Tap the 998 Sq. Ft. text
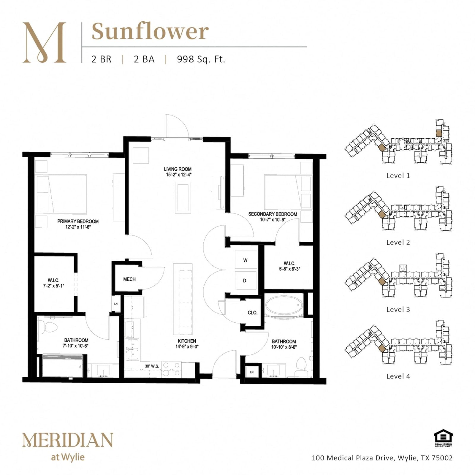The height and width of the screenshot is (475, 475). (x=201, y=59)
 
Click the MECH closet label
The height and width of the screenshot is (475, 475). (x=129, y=279)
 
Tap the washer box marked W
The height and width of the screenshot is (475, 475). (x=246, y=260)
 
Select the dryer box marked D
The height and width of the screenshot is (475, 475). (x=246, y=280)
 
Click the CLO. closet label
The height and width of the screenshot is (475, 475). (x=253, y=313)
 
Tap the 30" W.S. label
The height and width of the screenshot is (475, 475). (x=152, y=366)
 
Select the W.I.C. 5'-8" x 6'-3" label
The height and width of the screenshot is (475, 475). (x=289, y=266)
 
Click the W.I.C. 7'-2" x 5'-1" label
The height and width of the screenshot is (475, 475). (x=53, y=283)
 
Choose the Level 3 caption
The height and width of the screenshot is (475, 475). (x=398, y=309)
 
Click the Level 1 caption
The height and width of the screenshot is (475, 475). (x=398, y=175)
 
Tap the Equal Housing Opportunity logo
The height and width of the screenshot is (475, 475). (x=443, y=438)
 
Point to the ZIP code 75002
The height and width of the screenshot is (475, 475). (x=442, y=458)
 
